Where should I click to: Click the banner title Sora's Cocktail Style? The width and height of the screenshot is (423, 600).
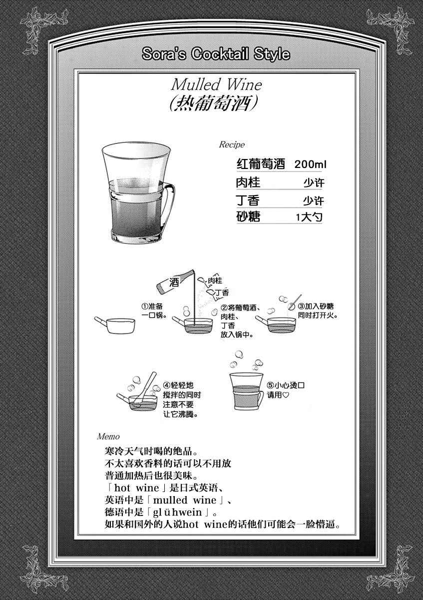[216, 54]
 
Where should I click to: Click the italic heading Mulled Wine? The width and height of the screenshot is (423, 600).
[216, 84]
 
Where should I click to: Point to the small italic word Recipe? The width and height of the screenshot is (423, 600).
[232, 144]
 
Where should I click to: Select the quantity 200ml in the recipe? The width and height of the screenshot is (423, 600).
[310, 164]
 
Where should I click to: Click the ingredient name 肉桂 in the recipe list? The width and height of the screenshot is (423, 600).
[248, 182]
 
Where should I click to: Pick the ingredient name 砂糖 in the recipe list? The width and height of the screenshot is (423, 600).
[248, 216]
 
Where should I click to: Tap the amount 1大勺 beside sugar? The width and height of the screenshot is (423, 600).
[309, 217]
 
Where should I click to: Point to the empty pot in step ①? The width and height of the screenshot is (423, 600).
[115, 325]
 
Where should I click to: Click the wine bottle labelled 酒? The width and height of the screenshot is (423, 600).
[175, 281]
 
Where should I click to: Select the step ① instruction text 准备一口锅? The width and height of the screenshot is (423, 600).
[154, 310]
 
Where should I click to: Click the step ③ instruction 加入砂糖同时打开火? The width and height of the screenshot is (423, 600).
[318, 310]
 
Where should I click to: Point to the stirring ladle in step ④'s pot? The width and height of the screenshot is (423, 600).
[146, 387]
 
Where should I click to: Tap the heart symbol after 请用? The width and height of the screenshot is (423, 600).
[286, 395]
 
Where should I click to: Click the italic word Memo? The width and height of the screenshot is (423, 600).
[108, 436]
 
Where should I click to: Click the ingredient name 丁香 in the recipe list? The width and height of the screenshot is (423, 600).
[248, 200]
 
